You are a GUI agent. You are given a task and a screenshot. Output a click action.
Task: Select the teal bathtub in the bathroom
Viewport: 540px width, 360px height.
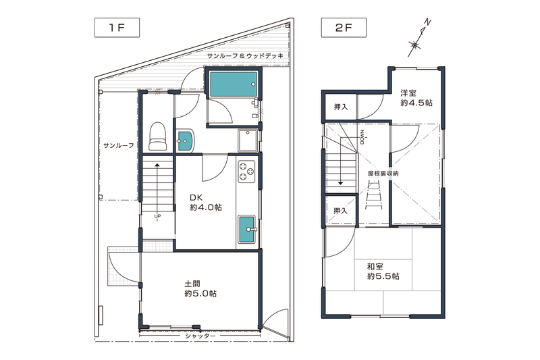pyautogui.click(x=232, y=84)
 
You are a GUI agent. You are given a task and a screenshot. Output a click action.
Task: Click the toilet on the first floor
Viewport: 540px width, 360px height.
pyautogui.click(x=157, y=136)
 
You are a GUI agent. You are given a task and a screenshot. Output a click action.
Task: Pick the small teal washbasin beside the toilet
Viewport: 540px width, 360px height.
pyautogui.click(x=184, y=140)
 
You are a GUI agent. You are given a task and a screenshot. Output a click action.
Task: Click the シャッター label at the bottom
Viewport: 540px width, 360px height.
pyautogui.click(x=200, y=336)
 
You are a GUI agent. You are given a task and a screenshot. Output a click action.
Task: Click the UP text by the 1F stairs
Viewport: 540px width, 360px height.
pyautogui.click(x=157, y=217)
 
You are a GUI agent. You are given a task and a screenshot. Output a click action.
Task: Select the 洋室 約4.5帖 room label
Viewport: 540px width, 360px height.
pyautogui.click(x=416, y=98)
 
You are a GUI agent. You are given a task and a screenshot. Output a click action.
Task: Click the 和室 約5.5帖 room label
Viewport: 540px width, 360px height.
pyautogui.click(x=383, y=271)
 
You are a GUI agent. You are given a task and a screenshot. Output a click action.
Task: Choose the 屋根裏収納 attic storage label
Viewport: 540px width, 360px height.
pyautogui.click(x=383, y=174)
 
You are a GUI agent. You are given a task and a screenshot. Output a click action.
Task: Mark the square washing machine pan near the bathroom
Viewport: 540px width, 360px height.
pyautogui.click(x=247, y=140)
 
